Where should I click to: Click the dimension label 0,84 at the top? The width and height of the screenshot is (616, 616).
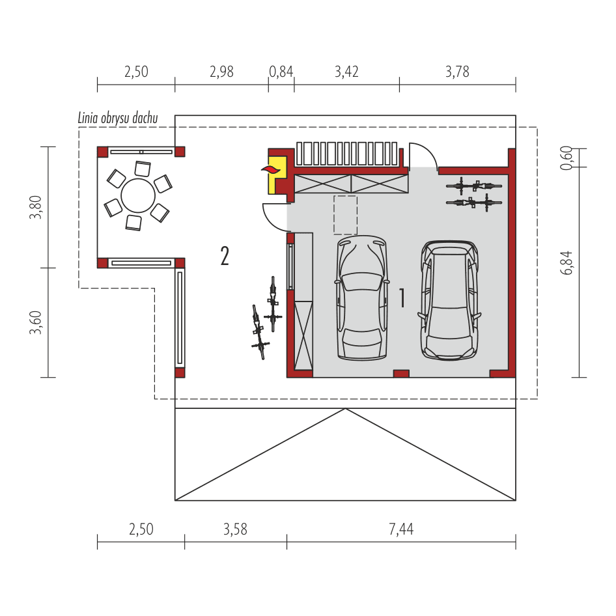pos(281,72)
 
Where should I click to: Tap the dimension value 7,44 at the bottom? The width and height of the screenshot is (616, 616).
pos(401,529)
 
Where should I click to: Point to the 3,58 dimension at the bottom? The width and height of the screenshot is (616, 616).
pos(235,529)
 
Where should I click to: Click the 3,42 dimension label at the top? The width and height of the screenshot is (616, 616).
pos(346,72)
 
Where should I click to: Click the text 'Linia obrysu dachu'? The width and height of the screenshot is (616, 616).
pos(117,119)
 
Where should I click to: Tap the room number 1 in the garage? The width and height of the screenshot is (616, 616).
pos(402,298)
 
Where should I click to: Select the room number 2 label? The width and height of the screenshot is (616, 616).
pos(225,256)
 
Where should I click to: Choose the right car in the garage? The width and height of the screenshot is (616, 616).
pos(449,300)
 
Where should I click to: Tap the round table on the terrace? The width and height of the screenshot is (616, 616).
pos(138,193)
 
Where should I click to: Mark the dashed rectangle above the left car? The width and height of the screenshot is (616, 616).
pos(345,214)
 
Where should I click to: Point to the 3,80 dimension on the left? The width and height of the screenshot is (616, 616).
pos(36,207)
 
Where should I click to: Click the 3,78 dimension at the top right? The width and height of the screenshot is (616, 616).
pos(457,72)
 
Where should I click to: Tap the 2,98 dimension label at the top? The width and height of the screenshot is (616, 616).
pos(221,72)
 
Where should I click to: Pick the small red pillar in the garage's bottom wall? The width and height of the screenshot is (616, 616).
pos(401,374)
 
